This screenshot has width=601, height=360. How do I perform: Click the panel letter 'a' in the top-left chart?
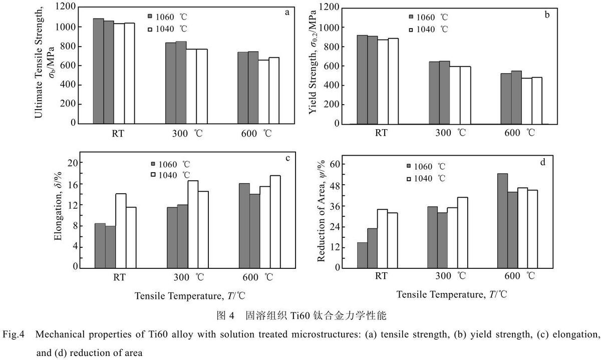pyautogui.click(x=287, y=13)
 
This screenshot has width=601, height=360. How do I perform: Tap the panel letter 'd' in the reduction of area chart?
pyautogui.click(x=543, y=162)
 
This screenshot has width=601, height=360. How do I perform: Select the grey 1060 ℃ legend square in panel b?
pyautogui.click(x=411, y=17)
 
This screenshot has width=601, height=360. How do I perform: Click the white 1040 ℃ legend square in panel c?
pyautogui.click(x=153, y=175)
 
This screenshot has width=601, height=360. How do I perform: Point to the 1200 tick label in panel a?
pyautogui.click(x=66, y=6)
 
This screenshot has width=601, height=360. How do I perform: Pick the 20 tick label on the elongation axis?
pyautogui.click(x=73, y=163)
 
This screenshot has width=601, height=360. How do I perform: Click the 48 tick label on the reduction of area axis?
pyautogui.click(x=335, y=185)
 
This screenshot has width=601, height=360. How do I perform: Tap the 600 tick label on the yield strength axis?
pyautogui.click(x=332, y=66)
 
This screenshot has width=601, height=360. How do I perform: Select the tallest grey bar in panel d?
pyautogui.click(x=502, y=221)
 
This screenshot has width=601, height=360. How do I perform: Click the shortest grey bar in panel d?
pyautogui.click(x=362, y=255)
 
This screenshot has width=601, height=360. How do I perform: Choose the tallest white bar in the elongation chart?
pyautogui.click(x=275, y=222)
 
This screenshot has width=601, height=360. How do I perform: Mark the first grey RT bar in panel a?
pyautogui.click(x=99, y=71)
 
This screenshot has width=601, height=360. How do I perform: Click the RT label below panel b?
pyautogui.click(x=381, y=133)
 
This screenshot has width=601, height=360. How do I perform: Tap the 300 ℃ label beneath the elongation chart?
pyautogui.click(x=189, y=277)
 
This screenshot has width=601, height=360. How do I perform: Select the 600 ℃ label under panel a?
pyautogui.click(x=256, y=133)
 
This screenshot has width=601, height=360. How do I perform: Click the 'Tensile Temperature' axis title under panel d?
pyautogui.click(x=452, y=294)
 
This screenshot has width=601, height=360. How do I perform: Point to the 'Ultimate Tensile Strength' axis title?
pyautogui.click(x=39, y=63)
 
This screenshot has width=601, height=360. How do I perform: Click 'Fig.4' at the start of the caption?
pyautogui.click(x=14, y=334)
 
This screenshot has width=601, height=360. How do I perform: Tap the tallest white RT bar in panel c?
pyautogui.click(x=121, y=231)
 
